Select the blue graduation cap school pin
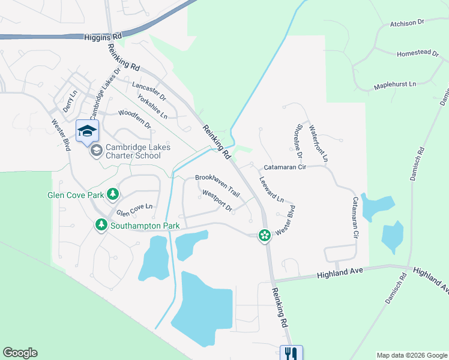point(87,131)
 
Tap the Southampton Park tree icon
point(101,225)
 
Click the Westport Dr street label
point(217,200)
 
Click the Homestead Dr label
point(418,53)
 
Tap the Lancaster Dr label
point(148,91)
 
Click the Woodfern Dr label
point(134,116)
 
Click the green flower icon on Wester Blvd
point(264,236)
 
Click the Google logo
point(20,353)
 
